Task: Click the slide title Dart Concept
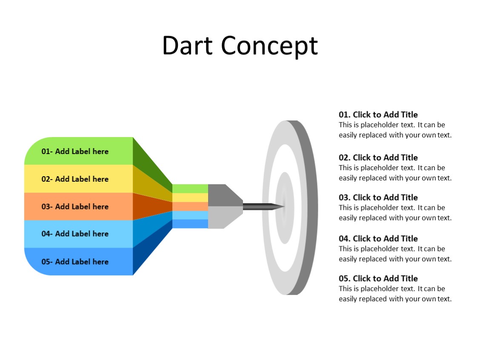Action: click(240, 46)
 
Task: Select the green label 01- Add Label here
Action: click(75, 151)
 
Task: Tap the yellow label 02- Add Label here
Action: click(75, 179)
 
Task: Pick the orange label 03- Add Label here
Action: click(75, 206)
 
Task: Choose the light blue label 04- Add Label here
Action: click(75, 234)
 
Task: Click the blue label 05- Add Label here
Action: click(75, 262)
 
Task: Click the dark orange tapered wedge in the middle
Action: click(149, 206)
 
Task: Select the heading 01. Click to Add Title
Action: click(378, 114)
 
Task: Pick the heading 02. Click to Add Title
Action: click(378, 157)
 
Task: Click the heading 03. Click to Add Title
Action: click(378, 197)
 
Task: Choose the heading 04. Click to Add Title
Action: click(378, 239)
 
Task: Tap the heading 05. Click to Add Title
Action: click(378, 279)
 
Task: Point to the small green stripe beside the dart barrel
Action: click(190, 189)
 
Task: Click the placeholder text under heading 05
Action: click(394, 294)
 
